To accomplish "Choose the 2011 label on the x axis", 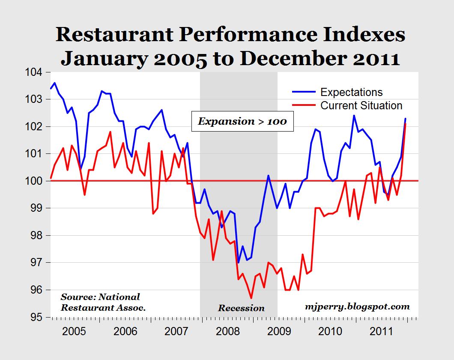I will [379, 332].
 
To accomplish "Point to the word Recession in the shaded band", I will [241, 308].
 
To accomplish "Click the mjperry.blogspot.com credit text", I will [358, 306].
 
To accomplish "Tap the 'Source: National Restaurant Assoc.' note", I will [103, 302].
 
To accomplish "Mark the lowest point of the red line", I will [251, 298].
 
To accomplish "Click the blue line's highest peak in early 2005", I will [55, 83].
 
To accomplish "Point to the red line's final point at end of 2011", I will [405, 124].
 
